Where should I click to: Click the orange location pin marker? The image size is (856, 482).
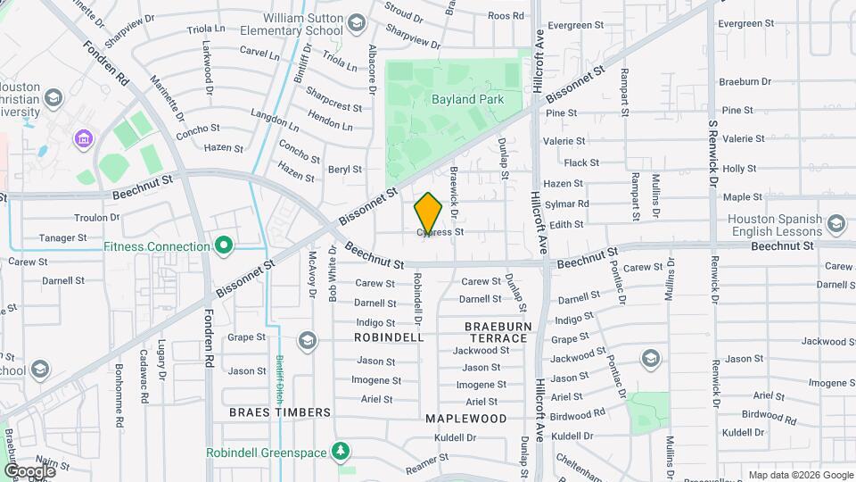(428, 213)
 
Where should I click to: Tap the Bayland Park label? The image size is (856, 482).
(467, 99)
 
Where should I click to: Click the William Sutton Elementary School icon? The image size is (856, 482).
(357, 22)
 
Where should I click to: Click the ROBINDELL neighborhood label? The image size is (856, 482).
(389, 338)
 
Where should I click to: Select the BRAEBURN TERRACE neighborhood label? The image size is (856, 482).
(497, 332)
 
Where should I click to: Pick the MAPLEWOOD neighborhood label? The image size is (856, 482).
(465, 418)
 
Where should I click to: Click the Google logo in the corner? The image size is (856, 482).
(29, 471)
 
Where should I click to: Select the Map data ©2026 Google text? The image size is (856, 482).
(801, 475)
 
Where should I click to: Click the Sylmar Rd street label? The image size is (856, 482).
(566, 204)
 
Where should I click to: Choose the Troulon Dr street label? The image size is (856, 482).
(96, 217)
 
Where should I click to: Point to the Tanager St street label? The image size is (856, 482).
(62, 238)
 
